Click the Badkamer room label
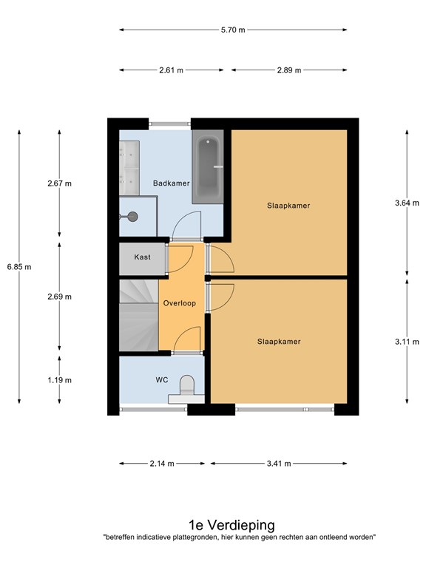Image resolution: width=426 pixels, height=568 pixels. pyautogui.click(x=171, y=183)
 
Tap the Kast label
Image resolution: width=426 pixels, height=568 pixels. pyautogui.click(x=142, y=257)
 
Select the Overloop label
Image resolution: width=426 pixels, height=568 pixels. pyautogui.click(x=179, y=303)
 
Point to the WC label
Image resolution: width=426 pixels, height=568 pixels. pyautogui.click(x=161, y=379)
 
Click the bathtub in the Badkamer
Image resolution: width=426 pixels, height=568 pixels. pyautogui.click(x=208, y=166)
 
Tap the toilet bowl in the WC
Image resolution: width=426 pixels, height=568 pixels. pyautogui.click(x=187, y=385)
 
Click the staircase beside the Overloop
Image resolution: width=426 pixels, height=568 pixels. pyautogui.click(x=139, y=315)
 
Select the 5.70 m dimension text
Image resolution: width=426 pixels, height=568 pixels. pyautogui.click(x=233, y=30)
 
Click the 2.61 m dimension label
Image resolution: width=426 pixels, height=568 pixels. pyautogui.click(x=171, y=70)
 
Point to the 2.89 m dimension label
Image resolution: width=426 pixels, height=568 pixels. pyautogui.click(x=289, y=70)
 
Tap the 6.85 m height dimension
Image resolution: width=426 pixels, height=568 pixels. pyautogui.click(x=19, y=267)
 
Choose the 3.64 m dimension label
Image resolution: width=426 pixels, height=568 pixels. pyautogui.click(x=407, y=203)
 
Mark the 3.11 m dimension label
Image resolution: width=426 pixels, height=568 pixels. pyautogui.click(x=407, y=342)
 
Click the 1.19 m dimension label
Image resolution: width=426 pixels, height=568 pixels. pyautogui.click(x=59, y=380)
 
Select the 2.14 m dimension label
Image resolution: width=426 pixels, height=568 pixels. pyautogui.click(x=162, y=464)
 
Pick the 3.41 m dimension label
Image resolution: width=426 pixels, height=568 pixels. pyautogui.click(x=279, y=464)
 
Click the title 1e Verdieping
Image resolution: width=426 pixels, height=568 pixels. pyautogui.click(x=231, y=525)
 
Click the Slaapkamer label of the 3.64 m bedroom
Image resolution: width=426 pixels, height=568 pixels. pyautogui.click(x=288, y=206)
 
